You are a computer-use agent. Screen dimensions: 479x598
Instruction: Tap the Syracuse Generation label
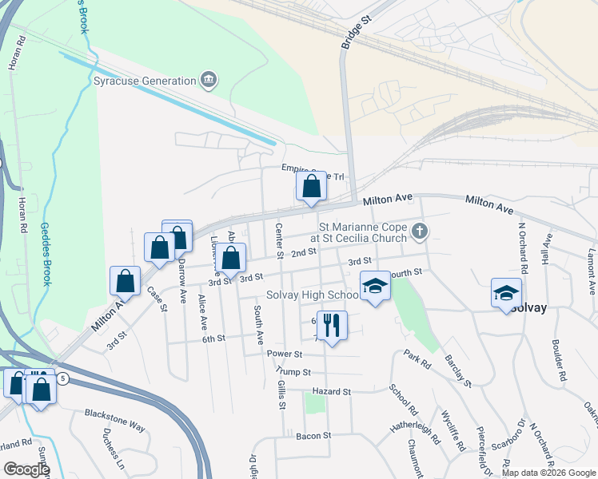(145, 81)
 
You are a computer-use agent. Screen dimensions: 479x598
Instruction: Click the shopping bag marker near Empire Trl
(311, 186)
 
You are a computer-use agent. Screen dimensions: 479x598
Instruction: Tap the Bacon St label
(313, 436)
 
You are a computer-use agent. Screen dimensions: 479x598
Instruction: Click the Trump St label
(292, 371)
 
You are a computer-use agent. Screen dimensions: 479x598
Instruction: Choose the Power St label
(285, 354)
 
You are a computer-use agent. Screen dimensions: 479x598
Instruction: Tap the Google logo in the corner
(26, 469)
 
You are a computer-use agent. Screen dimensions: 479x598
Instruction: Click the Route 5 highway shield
(63, 377)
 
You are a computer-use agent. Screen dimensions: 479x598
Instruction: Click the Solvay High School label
(311, 295)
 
